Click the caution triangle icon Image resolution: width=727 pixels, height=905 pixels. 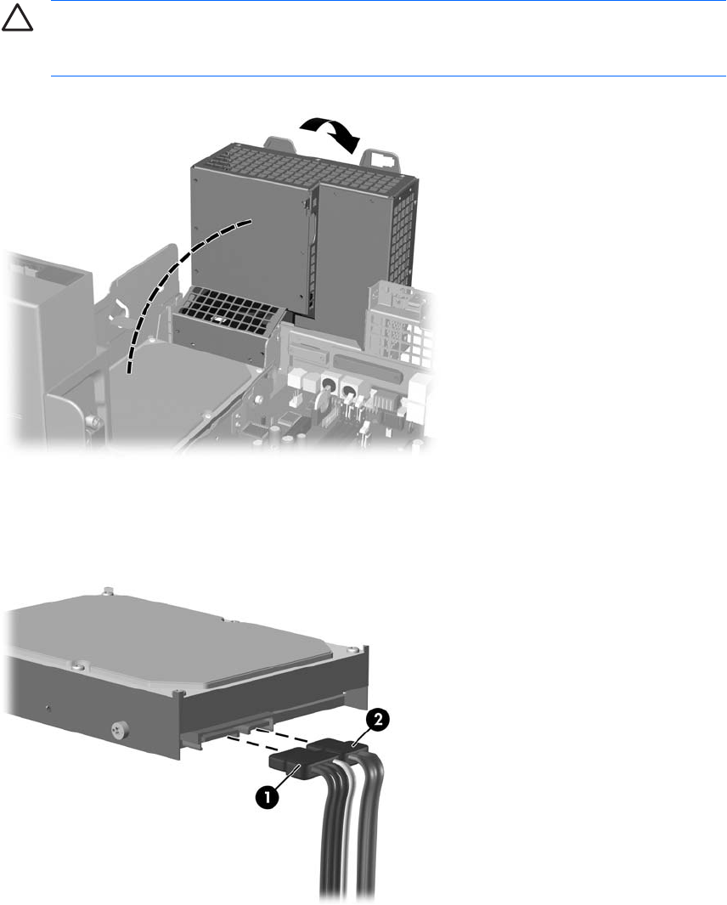coord(17,20)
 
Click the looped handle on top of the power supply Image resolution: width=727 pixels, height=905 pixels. coord(379,158)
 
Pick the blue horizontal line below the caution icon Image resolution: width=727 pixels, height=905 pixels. coord(388,76)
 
